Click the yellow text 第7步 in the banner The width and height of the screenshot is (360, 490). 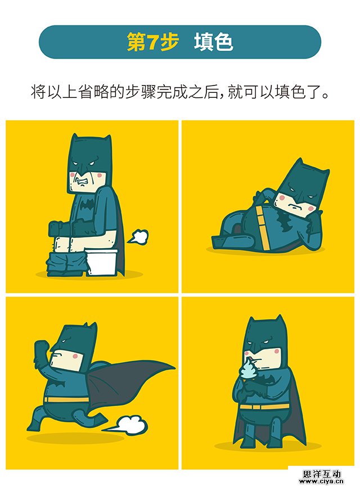pyautogui.click(x=152, y=42)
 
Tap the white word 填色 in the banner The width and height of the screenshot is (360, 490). pyautogui.click(x=213, y=42)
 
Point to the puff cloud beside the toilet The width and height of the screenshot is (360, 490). pyautogui.click(x=137, y=237)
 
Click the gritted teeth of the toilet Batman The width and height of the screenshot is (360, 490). pyautogui.click(x=83, y=182)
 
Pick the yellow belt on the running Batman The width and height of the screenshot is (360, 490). pyautogui.click(x=66, y=399)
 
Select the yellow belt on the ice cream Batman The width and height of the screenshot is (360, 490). pyautogui.click(x=264, y=407)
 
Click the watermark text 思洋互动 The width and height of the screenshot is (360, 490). pyautogui.click(x=322, y=474)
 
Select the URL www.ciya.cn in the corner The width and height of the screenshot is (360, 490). pyautogui.click(x=322, y=482)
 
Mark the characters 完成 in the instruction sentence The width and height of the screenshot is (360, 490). pyautogui.click(x=172, y=92)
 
